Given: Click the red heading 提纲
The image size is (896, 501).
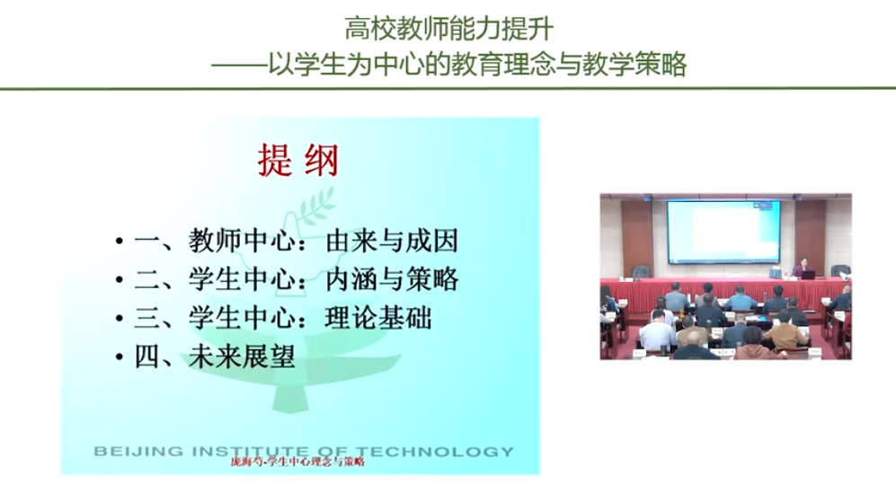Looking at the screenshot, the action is (x=297, y=161).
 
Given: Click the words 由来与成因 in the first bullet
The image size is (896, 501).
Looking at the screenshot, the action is (x=392, y=241).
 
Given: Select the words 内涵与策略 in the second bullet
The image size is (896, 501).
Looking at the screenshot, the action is (x=392, y=279).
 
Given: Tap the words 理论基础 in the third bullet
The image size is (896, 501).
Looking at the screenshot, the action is (x=378, y=319).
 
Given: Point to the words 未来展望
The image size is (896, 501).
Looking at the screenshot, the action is (x=242, y=357).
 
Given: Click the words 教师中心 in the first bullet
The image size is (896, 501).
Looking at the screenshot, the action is (x=242, y=241).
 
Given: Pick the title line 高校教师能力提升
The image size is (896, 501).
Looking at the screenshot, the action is (x=448, y=29).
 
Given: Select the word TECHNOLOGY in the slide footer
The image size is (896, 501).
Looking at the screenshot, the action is (x=434, y=452).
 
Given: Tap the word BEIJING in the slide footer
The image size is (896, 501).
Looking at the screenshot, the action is (x=139, y=452).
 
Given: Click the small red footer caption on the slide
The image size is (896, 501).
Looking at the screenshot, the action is (x=297, y=461).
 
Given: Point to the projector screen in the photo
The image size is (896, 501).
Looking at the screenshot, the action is (x=724, y=232).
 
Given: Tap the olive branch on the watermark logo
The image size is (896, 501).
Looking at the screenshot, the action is (x=316, y=206).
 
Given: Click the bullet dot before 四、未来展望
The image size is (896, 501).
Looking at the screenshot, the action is (x=119, y=357).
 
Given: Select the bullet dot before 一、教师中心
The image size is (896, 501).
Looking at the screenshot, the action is (x=119, y=242).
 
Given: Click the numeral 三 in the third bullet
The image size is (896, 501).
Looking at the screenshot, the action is (x=147, y=319).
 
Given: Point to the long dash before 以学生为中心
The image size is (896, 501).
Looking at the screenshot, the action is (x=239, y=65).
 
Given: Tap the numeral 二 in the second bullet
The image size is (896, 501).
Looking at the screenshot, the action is (x=147, y=279).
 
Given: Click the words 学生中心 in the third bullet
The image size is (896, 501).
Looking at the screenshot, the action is (x=242, y=319).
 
